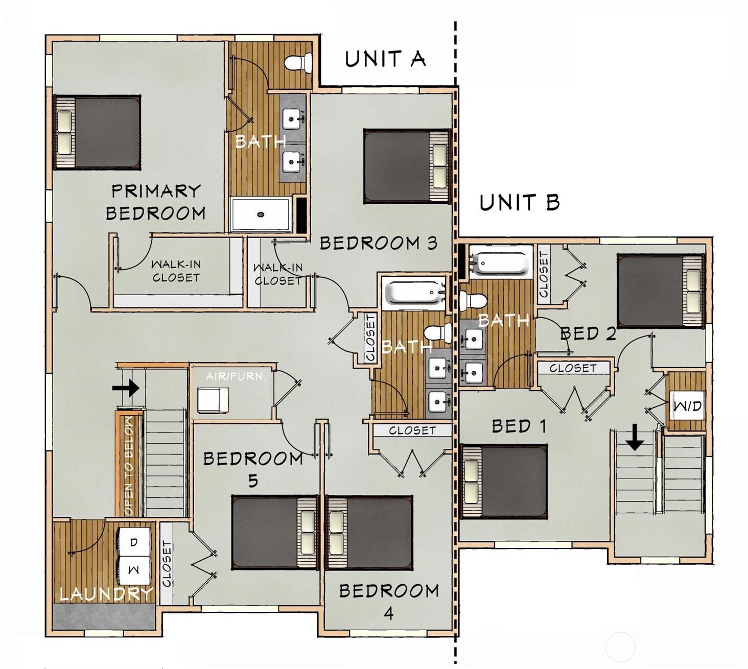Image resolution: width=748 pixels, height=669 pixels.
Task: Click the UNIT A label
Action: (x=385, y=59)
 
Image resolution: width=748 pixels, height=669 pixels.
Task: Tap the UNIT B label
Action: (x=519, y=203)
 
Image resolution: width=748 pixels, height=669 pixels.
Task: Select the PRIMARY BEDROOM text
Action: (x=155, y=202)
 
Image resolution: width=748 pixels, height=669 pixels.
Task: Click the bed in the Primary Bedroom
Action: (x=97, y=132)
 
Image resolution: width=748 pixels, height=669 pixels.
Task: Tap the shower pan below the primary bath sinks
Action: (x=261, y=214)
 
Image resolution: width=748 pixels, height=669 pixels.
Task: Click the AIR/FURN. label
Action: (x=236, y=377)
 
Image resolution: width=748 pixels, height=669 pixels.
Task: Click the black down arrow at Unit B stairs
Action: (x=635, y=438)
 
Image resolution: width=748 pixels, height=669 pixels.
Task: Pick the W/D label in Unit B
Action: (x=687, y=407)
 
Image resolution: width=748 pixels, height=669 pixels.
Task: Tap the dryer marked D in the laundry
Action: (x=134, y=542)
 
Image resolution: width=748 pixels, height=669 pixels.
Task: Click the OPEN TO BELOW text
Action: (x=128, y=465)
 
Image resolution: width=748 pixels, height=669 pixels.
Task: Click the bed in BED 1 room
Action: (x=504, y=481)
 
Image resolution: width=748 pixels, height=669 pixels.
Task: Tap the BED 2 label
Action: (x=588, y=334)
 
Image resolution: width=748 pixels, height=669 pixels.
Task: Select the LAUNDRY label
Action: (x=106, y=594)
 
